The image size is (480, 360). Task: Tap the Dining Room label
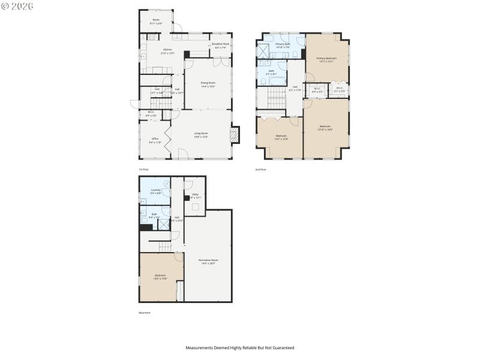click(208, 84)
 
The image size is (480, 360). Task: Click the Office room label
click(155, 140)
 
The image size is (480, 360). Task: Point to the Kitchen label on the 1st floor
click(167, 50)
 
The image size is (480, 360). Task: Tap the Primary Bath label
click(283, 46)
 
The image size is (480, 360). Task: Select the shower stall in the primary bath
click(264, 50)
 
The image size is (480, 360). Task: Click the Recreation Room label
click(208, 261)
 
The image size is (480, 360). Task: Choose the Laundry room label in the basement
click(155, 191)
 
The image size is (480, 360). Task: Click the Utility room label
click(195, 196)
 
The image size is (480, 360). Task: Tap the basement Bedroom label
click(160, 277)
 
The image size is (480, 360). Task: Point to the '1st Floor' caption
click(143, 170)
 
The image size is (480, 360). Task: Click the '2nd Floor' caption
click(260, 170)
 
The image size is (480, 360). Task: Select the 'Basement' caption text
click(145, 313)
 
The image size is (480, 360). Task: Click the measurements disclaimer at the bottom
click(239, 347)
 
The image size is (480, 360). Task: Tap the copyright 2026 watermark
click(18, 5)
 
